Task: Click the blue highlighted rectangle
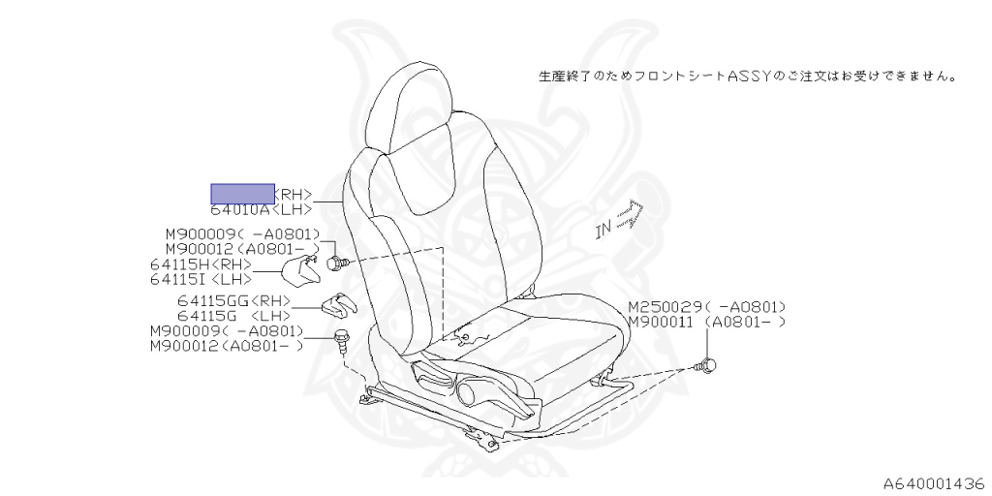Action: [x=243, y=193]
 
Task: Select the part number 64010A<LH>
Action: [x=261, y=208]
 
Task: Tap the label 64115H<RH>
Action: [x=201, y=264]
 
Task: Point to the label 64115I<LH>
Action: [x=201, y=279]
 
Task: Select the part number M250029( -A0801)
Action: [x=706, y=306]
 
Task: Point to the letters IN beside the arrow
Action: [x=604, y=231]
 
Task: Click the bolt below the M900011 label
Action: [x=708, y=365]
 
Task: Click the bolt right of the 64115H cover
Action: [x=336, y=262]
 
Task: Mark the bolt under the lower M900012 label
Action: [x=342, y=339]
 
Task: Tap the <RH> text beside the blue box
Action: [x=294, y=194]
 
